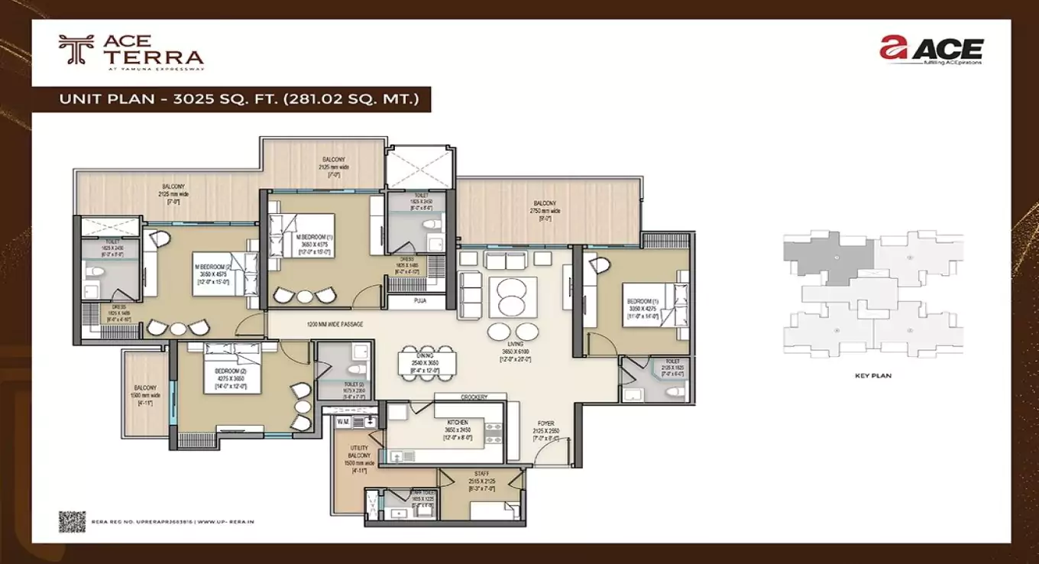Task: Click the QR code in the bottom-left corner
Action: click(73, 520)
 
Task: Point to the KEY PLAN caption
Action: click(873, 376)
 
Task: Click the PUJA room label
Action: click(420, 301)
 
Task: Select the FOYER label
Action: click(545, 423)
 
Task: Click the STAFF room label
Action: click(481, 475)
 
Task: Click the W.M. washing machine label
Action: click(343, 420)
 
